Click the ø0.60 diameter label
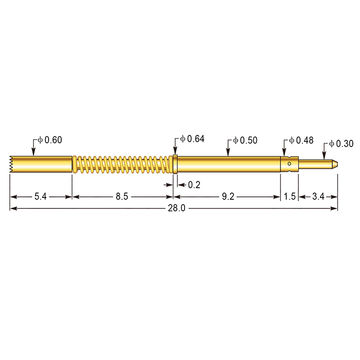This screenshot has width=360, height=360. pyautogui.click(x=51, y=139)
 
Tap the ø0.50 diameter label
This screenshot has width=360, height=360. pyautogui.click(x=244, y=139)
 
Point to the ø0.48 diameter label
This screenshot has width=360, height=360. pyautogui.click(x=301, y=139)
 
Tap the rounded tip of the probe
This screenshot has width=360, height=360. pyautogui.click(x=344, y=162)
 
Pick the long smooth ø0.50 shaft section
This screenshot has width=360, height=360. pyautogui.click(x=230, y=163)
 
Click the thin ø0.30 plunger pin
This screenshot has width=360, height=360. pyautogui.click(x=322, y=162)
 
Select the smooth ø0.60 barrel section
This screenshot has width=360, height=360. pyautogui.click(x=45, y=163)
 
